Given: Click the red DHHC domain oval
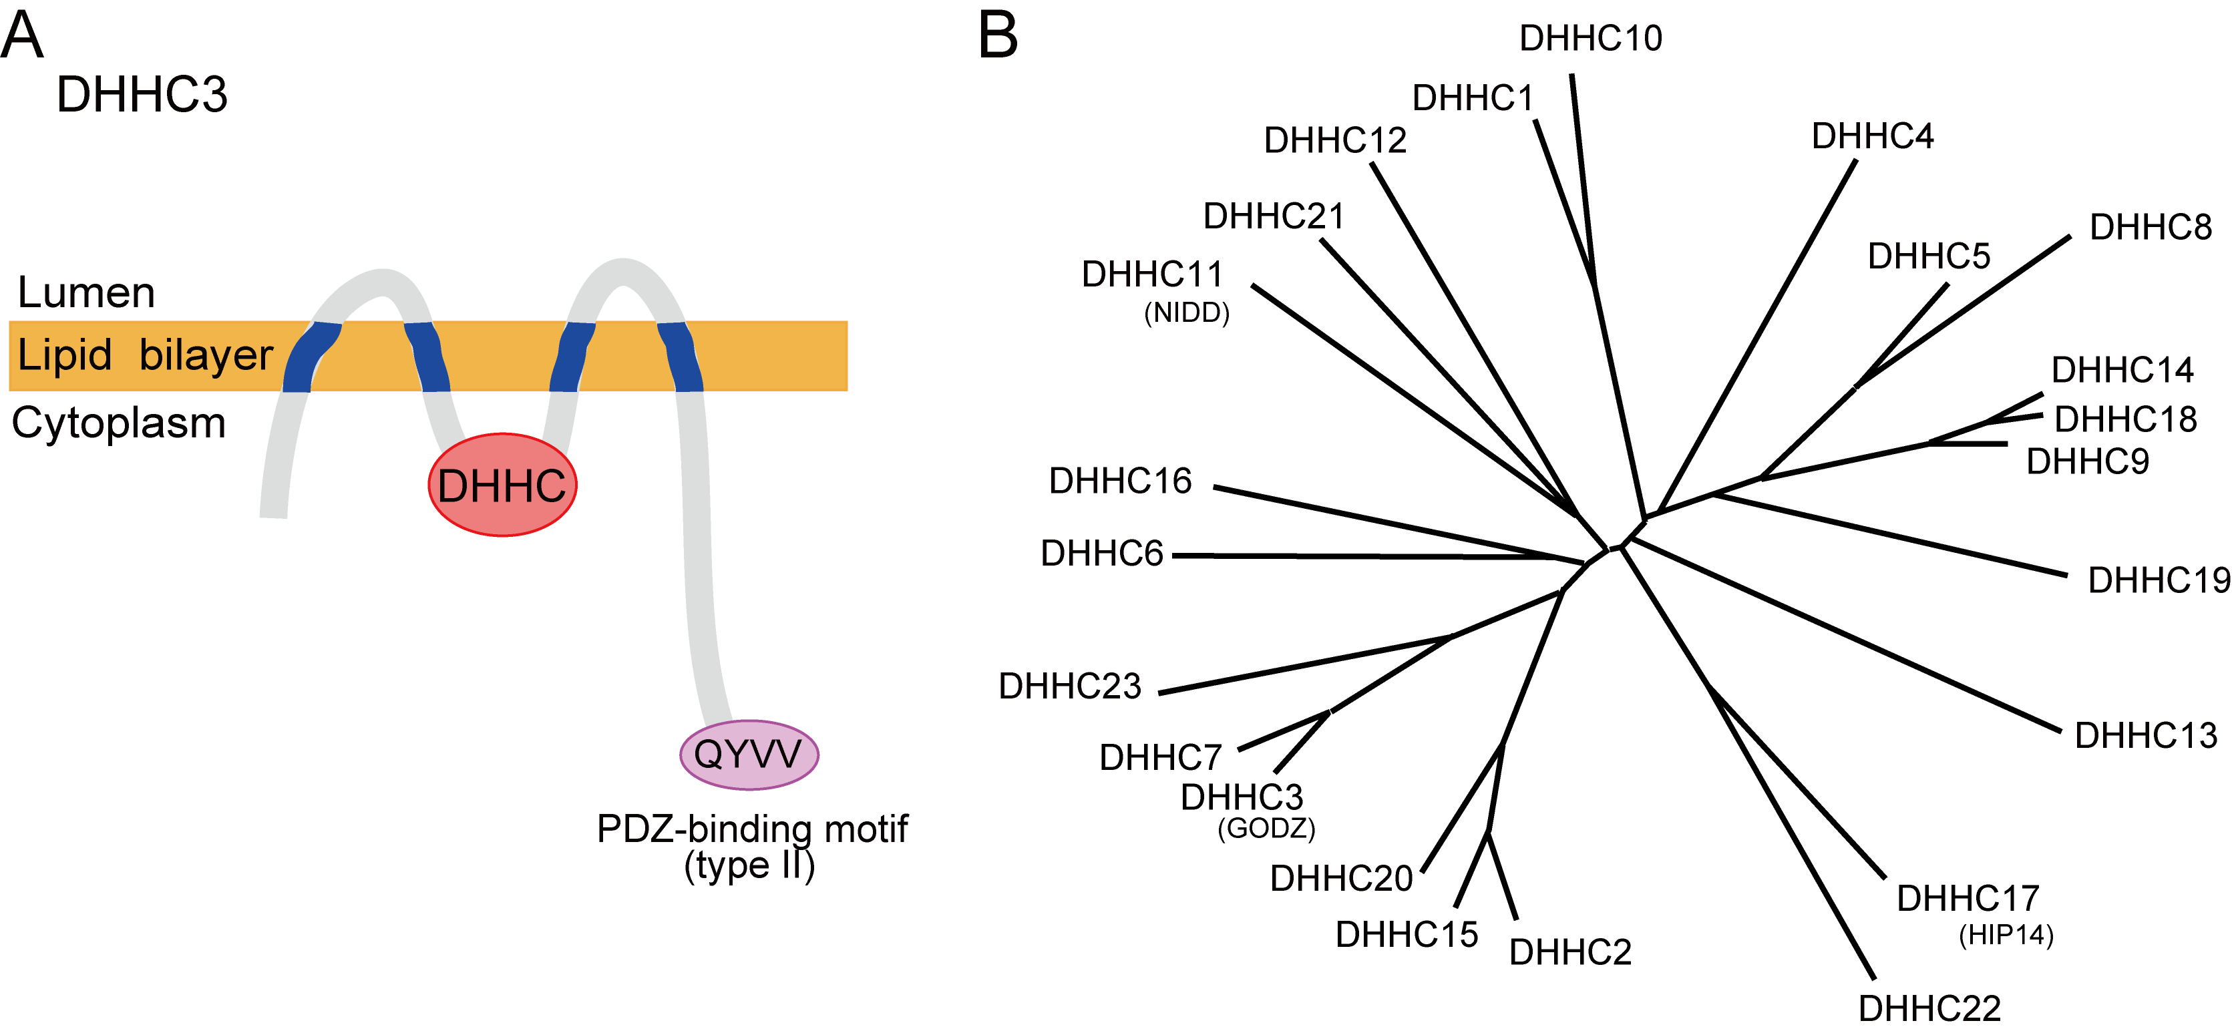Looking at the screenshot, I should click(502, 485).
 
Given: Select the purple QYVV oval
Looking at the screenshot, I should click(749, 754).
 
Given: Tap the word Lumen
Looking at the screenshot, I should click(87, 293).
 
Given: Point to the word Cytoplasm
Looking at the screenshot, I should click(119, 423).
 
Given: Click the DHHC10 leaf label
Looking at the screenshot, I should click(1591, 39).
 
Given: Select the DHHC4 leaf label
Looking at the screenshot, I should click(1873, 137).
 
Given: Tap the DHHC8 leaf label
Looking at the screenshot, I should click(2151, 228).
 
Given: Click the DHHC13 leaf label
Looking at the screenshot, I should click(2145, 736).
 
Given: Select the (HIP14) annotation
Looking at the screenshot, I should click(2006, 935).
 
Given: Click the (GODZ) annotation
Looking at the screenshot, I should click(1266, 829).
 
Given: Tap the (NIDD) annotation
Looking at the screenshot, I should click(1187, 313).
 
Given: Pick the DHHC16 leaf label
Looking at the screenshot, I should click(1120, 481).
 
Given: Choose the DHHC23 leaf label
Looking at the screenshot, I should click(1070, 686).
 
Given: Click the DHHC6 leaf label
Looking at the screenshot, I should click(1101, 554).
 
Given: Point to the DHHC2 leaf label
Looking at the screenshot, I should click(1570, 952).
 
